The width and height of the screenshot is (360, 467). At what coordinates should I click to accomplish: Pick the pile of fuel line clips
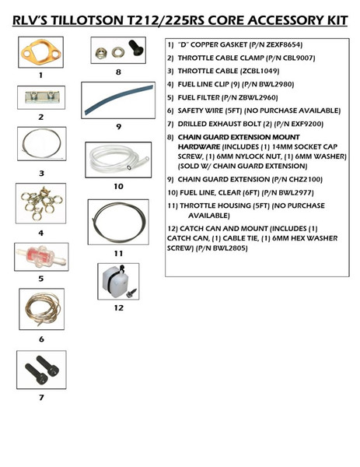point(40,205)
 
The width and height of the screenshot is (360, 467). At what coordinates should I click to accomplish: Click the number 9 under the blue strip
point(118,125)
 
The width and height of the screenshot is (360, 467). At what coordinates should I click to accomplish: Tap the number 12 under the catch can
point(118,307)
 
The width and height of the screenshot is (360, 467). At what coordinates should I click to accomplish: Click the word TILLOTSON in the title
point(128,18)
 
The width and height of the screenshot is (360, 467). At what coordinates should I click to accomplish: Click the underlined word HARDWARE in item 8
point(200,146)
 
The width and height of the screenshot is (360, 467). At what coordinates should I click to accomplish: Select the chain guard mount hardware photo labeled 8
point(118,54)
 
